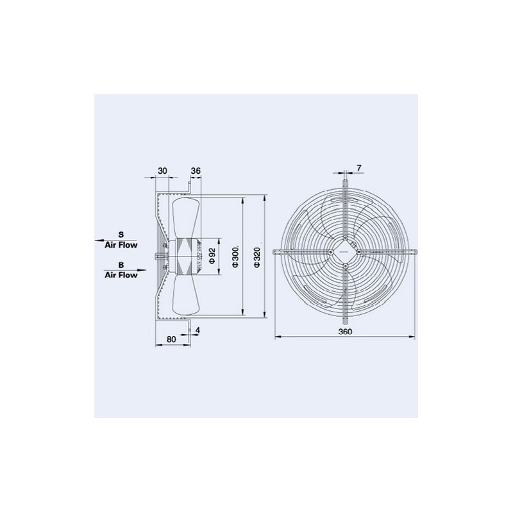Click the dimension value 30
point(163,171)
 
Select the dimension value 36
point(196,171)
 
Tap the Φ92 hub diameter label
point(212,256)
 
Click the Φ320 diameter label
point(257,257)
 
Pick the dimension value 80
point(171,339)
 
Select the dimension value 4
point(198,330)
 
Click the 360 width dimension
point(345,332)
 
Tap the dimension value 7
point(359,168)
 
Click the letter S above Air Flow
point(121,235)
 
